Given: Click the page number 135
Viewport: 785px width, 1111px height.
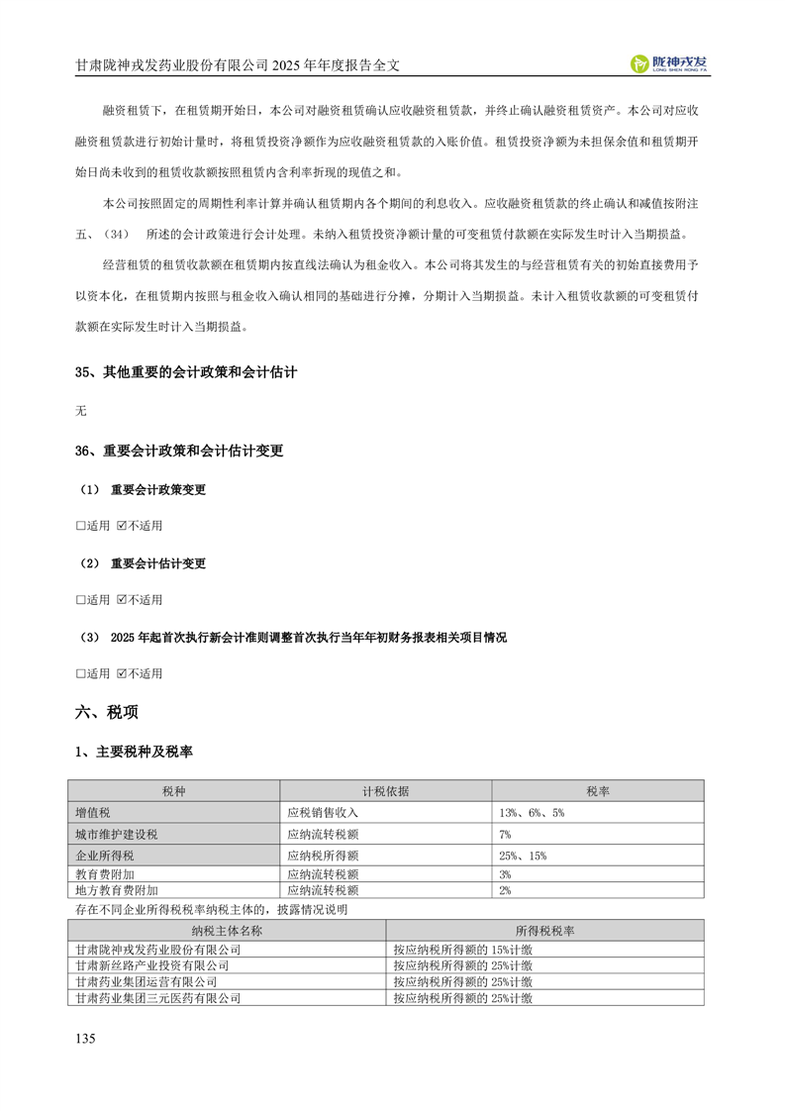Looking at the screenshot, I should pos(85,1039).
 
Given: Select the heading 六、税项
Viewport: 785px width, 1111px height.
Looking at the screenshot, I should pos(107,712).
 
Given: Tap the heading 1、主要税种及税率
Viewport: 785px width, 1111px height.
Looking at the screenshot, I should pos(134,753).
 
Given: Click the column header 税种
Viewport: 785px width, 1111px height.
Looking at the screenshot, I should pos(173,791).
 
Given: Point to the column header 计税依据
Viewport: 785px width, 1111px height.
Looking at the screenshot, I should pos(385,791).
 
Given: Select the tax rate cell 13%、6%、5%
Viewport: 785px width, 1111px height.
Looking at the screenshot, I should pos(532,812).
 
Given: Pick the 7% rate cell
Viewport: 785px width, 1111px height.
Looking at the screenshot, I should pos(506,834).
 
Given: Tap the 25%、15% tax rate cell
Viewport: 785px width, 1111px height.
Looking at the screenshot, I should pos(523,856).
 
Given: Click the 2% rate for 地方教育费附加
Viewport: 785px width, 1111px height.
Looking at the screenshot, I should pos(506,890).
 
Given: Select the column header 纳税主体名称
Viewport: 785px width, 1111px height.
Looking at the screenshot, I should pos(227,931).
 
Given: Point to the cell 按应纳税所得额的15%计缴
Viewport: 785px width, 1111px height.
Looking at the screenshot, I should pos(462,949).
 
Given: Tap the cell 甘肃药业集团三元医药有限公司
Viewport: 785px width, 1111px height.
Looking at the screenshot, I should pos(157,999).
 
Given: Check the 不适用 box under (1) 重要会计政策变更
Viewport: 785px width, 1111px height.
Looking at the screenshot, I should pos(122,525).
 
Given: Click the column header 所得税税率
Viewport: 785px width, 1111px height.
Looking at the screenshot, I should pos(545,931).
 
